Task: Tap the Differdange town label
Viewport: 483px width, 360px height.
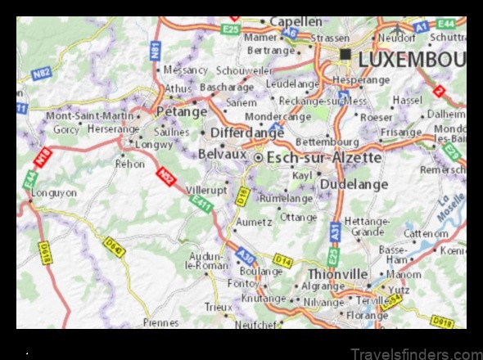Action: coord(247,132)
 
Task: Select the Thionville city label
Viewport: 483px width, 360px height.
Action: coord(338,273)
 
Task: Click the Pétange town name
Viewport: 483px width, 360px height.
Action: coord(182,111)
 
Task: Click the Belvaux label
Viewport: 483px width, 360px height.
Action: coord(222,153)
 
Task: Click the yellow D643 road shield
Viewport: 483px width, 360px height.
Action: coord(114,245)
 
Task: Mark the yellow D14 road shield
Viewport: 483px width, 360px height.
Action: coord(282,260)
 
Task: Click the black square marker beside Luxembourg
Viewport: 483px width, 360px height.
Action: coord(345,55)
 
